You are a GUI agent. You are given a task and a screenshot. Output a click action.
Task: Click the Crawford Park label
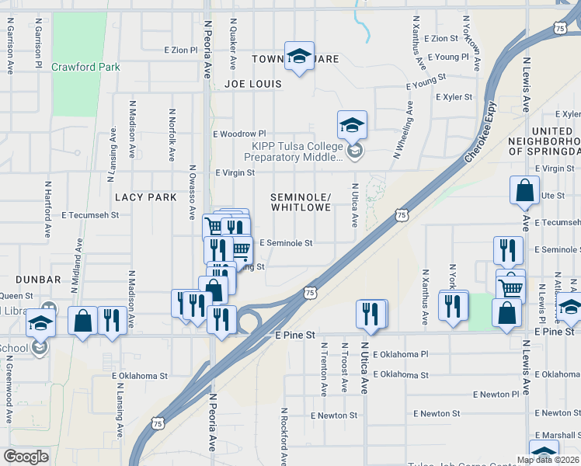85,68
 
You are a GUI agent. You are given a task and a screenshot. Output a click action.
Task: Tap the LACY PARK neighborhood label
146,197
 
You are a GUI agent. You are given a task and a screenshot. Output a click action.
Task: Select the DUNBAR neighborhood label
37,279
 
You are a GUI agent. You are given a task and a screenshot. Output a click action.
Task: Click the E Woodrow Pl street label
240,134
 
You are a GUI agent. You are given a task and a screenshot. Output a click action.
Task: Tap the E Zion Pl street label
181,50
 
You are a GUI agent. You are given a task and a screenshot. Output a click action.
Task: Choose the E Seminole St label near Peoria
286,243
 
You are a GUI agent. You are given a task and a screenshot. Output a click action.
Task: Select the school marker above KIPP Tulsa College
352,124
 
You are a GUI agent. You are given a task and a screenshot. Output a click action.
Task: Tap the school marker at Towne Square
299,55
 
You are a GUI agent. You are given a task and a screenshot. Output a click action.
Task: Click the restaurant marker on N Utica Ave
371,313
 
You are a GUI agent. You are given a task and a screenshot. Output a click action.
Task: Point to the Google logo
26,456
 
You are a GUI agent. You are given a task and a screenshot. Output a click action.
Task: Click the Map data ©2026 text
548,460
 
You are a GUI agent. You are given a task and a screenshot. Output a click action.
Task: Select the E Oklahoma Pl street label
400,354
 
